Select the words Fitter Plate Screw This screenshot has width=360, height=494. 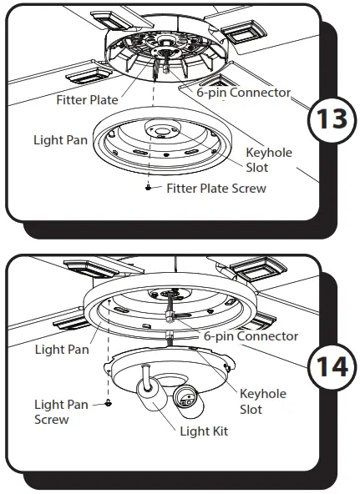click(215, 189)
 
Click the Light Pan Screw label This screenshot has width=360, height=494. click(60, 412)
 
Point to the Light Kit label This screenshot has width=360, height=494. click(204, 431)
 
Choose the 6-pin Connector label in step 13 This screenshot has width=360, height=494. click(243, 93)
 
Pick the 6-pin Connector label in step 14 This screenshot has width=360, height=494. click(251, 336)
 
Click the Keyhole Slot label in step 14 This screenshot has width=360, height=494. click(262, 401)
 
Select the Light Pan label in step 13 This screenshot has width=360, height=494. click(61, 139)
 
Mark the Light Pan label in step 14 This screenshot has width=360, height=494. click(61, 349)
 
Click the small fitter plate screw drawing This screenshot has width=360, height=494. click(149, 189)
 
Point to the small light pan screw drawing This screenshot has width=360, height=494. click(109, 404)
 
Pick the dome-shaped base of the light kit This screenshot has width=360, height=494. click(167, 365)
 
